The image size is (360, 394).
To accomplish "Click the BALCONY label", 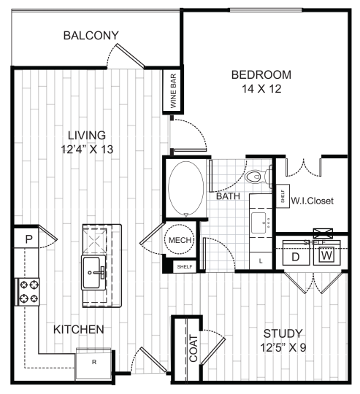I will tap(91, 36).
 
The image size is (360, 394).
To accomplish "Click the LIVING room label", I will tap(87, 135).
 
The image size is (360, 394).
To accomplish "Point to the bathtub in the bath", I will tap(187, 188).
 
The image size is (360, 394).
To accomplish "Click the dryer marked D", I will tap(297, 256).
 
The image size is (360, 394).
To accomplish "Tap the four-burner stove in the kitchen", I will tap(29, 291).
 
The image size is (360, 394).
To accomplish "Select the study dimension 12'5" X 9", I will tap(286, 347).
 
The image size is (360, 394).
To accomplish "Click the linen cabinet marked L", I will tap(261, 260).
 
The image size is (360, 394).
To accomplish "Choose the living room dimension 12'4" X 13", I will tap(87, 150).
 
